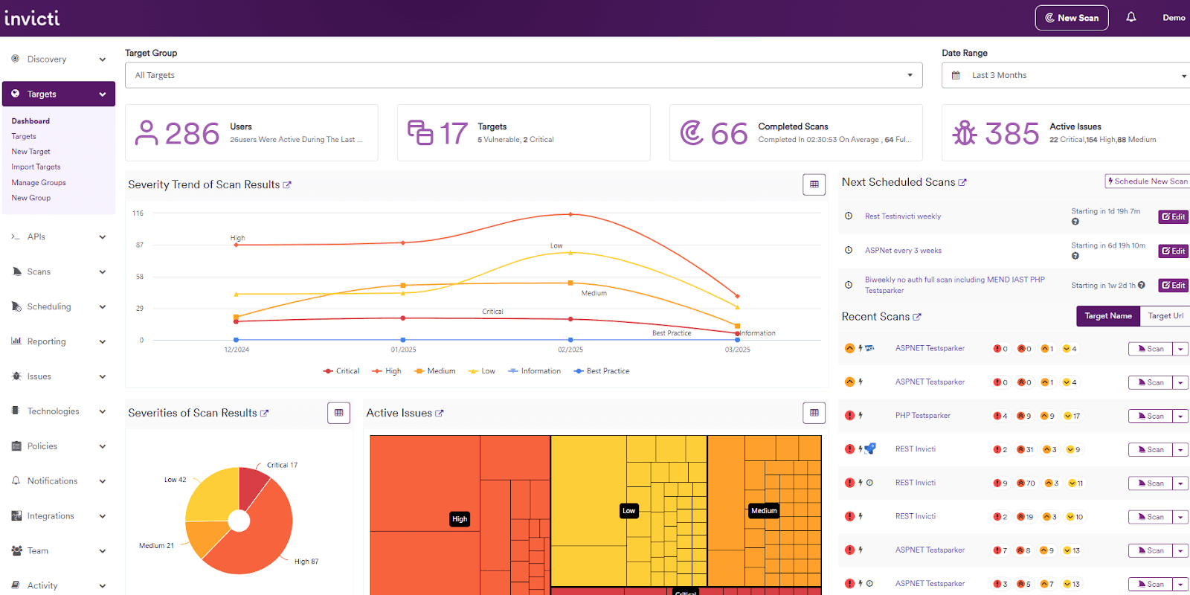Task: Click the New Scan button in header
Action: [x=1071, y=18]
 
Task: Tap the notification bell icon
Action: [x=1130, y=17]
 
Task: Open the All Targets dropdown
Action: [x=524, y=75]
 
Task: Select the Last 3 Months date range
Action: [x=1065, y=75]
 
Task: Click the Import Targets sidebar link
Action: [x=36, y=167]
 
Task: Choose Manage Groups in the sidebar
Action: [x=39, y=182]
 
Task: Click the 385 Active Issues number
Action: [x=1011, y=134]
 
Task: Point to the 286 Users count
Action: [x=192, y=134]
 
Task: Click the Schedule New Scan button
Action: [x=1147, y=181]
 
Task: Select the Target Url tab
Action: [x=1165, y=316]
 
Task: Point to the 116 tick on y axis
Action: [x=138, y=213]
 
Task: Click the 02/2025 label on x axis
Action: [x=570, y=350]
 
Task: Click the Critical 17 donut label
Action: [x=282, y=465]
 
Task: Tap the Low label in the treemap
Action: [x=628, y=510]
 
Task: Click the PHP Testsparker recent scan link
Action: [x=922, y=416]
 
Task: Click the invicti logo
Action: [x=32, y=18]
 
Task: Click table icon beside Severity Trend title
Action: [x=814, y=184]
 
